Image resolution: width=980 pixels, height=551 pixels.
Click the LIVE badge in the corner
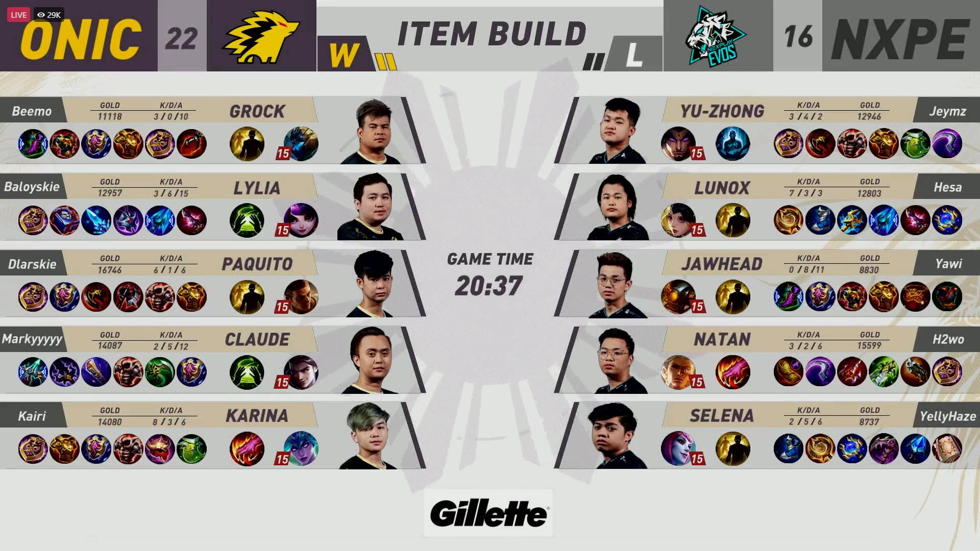coord(18,15)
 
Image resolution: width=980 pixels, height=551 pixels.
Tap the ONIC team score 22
coord(182,38)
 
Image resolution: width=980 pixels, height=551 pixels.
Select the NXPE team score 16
coord(798,37)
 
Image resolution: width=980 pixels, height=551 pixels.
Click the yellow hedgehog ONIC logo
coord(261,37)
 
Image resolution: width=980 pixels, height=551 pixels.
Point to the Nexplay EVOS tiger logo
coord(716,37)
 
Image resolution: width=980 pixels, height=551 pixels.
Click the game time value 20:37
coord(489,286)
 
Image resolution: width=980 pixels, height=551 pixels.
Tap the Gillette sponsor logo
coord(488,513)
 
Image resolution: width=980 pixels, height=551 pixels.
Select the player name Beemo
coord(32,111)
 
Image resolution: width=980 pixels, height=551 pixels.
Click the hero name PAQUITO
coord(257,264)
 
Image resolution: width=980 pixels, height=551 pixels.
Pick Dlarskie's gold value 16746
coord(110,270)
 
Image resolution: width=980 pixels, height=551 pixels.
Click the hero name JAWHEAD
coord(721,264)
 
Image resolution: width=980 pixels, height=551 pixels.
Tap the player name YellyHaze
coord(947,416)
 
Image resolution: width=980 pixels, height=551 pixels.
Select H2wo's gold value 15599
coord(869,345)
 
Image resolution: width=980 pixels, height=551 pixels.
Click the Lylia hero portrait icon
coord(301,220)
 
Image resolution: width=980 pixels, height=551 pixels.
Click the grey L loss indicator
coord(634,55)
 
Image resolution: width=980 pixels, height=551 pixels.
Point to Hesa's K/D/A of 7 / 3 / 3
coord(808,193)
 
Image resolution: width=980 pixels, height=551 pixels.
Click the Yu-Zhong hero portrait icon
coord(678,144)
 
